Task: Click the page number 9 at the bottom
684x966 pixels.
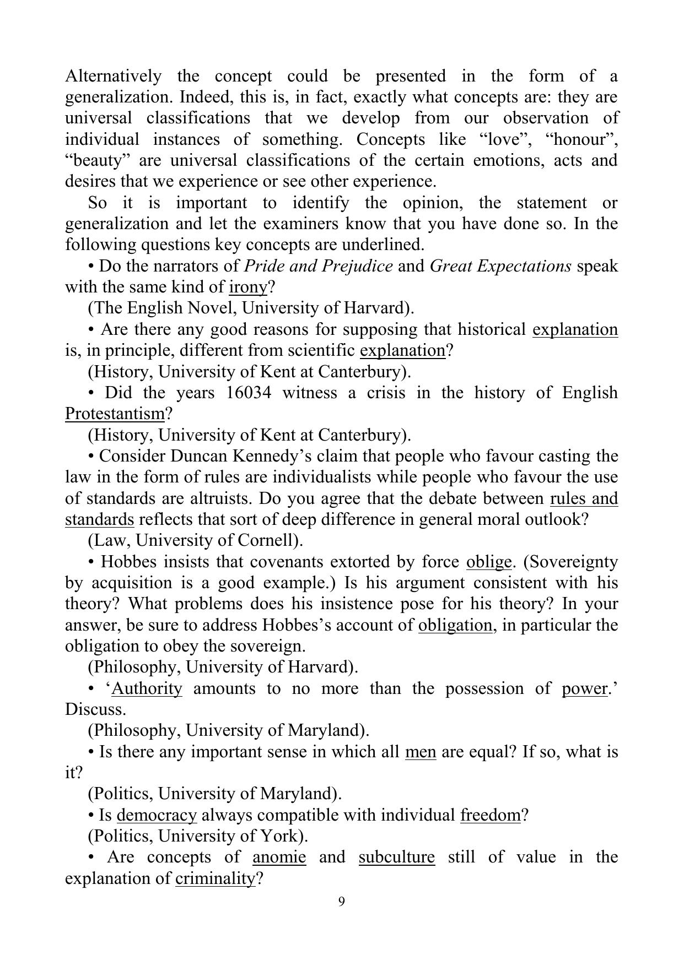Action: click(x=342, y=902)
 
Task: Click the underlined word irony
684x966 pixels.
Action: click(x=247, y=287)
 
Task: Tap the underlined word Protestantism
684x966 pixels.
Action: click(x=115, y=414)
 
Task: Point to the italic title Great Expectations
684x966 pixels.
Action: click(x=500, y=266)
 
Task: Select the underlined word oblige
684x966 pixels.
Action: click(x=488, y=562)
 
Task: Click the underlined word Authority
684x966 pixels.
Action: click(x=147, y=688)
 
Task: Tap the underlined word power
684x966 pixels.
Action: click(x=584, y=688)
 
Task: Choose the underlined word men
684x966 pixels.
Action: click(x=421, y=752)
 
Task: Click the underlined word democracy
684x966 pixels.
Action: click(x=157, y=815)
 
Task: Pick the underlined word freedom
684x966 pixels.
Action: click(x=490, y=815)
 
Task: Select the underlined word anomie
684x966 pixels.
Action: click(x=279, y=857)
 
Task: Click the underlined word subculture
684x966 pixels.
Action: click(x=396, y=857)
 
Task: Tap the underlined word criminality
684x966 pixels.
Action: click(x=215, y=878)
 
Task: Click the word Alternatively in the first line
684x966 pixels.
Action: click(x=113, y=76)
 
